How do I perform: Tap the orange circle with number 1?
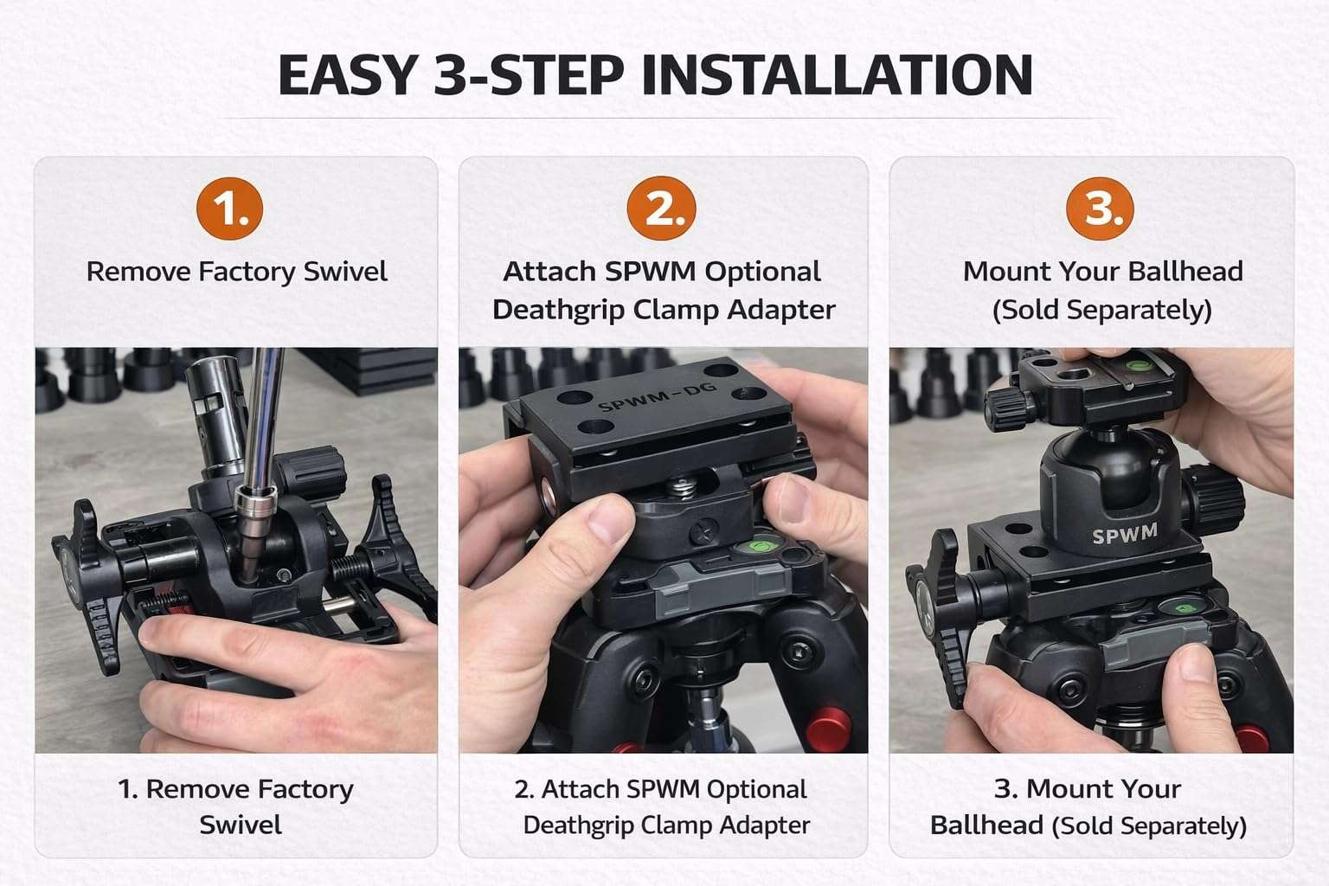pyautogui.click(x=229, y=209)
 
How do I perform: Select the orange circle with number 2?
pyautogui.click(x=661, y=209)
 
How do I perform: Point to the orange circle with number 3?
pyautogui.click(x=1101, y=209)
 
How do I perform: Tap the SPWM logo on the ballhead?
pyautogui.click(x=1124, y=535)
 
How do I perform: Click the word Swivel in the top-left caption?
pyautogui.click(x=345, y=272)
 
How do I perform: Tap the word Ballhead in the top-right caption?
pyautogui.click(x=1189, y=272)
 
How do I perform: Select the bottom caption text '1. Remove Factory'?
pyautogui.click(x=235, y=789)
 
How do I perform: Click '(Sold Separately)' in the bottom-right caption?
pyautogui.click(x=1149, y=825)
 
